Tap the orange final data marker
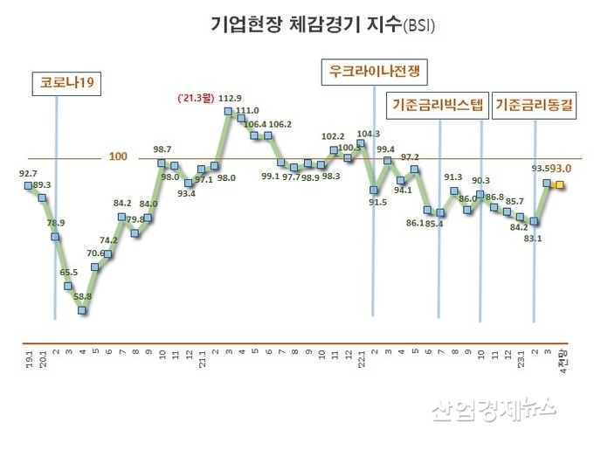point(560,185)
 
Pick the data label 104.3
point(370,134)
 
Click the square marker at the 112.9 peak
point(228,111)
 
